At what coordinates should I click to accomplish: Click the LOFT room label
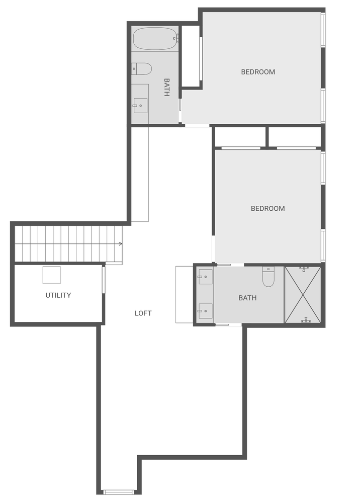(143, 313)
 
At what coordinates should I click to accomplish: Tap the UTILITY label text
(58, 295)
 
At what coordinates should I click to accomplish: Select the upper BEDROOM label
(258, 72)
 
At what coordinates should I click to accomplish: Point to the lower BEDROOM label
(267, 209)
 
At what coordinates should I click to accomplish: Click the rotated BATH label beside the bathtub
(167, 87)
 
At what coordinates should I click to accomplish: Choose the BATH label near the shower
(247, 298)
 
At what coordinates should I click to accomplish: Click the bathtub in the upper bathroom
(155, 39)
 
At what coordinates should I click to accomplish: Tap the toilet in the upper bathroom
(141, 68)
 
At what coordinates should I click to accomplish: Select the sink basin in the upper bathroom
(140, 106)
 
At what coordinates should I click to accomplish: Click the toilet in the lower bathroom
(268, 277)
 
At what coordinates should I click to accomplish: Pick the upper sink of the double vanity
(205, 277)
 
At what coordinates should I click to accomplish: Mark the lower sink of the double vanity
(205, 311)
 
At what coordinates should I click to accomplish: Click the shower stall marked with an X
(303, 294)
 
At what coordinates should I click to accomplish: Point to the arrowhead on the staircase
(121, 244)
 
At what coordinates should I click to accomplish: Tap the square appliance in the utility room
(52, 275)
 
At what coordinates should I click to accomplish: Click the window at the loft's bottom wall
(118, 492)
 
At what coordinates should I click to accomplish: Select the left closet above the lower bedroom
(240, 137)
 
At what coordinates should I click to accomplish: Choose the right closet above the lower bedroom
(295, 137)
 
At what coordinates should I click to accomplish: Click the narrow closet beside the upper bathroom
(191, 56)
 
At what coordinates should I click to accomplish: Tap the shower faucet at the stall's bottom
(306, 319)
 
